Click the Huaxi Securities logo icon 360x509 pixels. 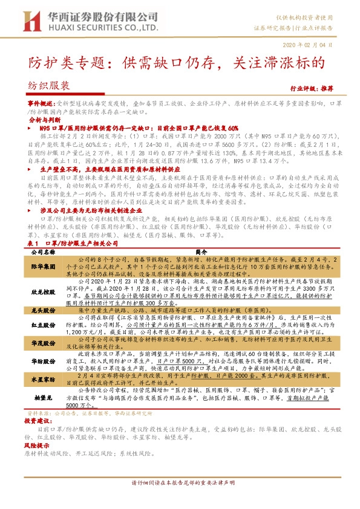click(x=31, y=21)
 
